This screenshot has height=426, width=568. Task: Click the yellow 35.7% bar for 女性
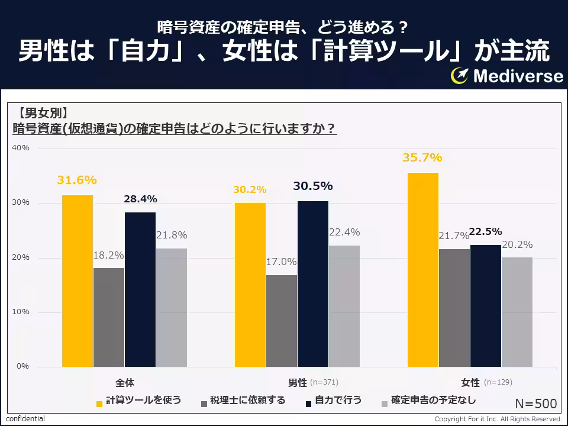pyautogui.click(x=423, y=270)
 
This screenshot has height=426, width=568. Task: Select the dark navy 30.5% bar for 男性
pyautogui.click(x=313, y=284)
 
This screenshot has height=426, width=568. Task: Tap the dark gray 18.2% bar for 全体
pyautogui.click(x=109, y=317)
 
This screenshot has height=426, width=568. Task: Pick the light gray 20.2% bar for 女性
pyautogui.click(x=517, y=312)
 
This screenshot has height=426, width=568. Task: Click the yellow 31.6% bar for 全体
pyautogui.click(x=78, y=281)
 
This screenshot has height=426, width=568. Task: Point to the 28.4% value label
pyautogui.click(x=140, y=199)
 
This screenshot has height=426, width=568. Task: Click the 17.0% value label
pyautogui.click(x=281, y=262)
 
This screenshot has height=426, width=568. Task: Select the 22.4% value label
pyautogui.click(x=344, y=232)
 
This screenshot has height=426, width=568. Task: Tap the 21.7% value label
pyautogui.click(x=453, y=236)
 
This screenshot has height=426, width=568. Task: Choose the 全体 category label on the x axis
pyautogui.click(x=125, y=382)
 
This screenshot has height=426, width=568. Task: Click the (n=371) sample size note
pyautogui.click(x=324, y=382)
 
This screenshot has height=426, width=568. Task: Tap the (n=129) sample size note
pyautogui.click(x=498, y=382)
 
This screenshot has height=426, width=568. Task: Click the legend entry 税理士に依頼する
pyautogui.click(x=247, y=401)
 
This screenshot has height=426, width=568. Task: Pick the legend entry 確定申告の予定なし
pyautogui.click(x=433, y=401)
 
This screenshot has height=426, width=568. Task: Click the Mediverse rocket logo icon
pyautogui.click(x=460, y=76)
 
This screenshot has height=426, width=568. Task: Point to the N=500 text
pyautogui.click(x=535, y=404)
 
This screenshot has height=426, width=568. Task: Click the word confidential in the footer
pyautogui.click(x=25, y=419)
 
